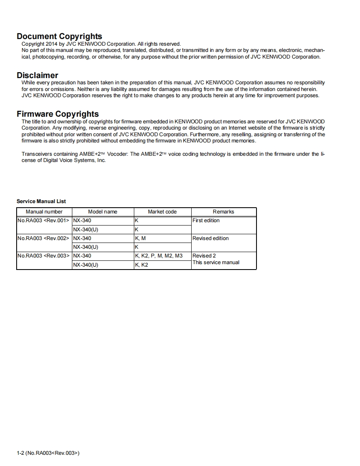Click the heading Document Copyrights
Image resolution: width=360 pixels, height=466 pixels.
point(59,37)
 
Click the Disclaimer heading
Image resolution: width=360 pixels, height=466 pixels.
point(37,75)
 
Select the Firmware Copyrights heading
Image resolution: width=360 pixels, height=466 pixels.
point(58,114)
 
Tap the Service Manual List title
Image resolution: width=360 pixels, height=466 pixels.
point(41,201)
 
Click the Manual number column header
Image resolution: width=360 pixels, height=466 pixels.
point(44,212)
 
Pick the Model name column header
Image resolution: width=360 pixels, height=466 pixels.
point(103,212)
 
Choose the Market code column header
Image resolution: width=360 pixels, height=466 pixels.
point(162,212)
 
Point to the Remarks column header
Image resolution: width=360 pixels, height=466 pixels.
point(224,212)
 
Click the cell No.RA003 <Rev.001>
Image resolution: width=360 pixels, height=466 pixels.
point(43,221)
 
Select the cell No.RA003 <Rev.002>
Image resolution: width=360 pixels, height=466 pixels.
point(43,238)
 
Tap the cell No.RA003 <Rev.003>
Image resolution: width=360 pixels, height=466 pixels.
point(43,256)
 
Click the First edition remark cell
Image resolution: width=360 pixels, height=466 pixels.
point(206,221)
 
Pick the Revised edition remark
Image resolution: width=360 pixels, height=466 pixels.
point(210,238)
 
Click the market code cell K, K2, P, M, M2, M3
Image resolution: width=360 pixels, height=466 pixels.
point(159,256)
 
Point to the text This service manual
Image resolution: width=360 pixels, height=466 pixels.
point(216,262)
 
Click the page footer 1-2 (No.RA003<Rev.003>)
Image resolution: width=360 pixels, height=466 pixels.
point(48,453)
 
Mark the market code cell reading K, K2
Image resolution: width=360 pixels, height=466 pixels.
point(141,265)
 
